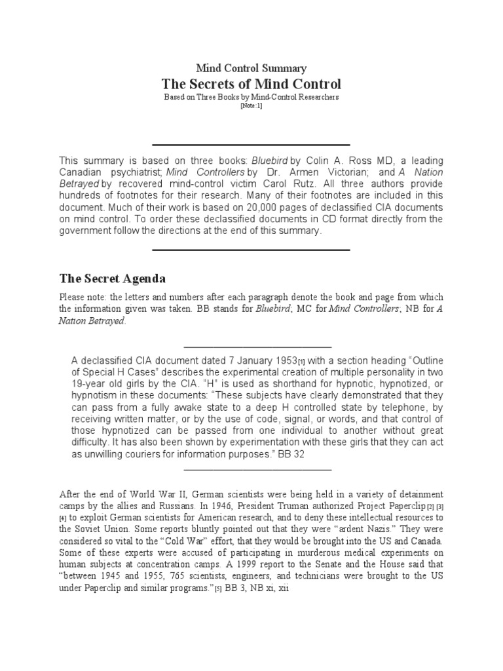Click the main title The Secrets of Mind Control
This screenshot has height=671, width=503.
[x=251, y=85]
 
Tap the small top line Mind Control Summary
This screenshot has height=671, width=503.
[x=251, y=68]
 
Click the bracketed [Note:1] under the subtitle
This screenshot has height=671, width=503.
[x=251, y=105]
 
